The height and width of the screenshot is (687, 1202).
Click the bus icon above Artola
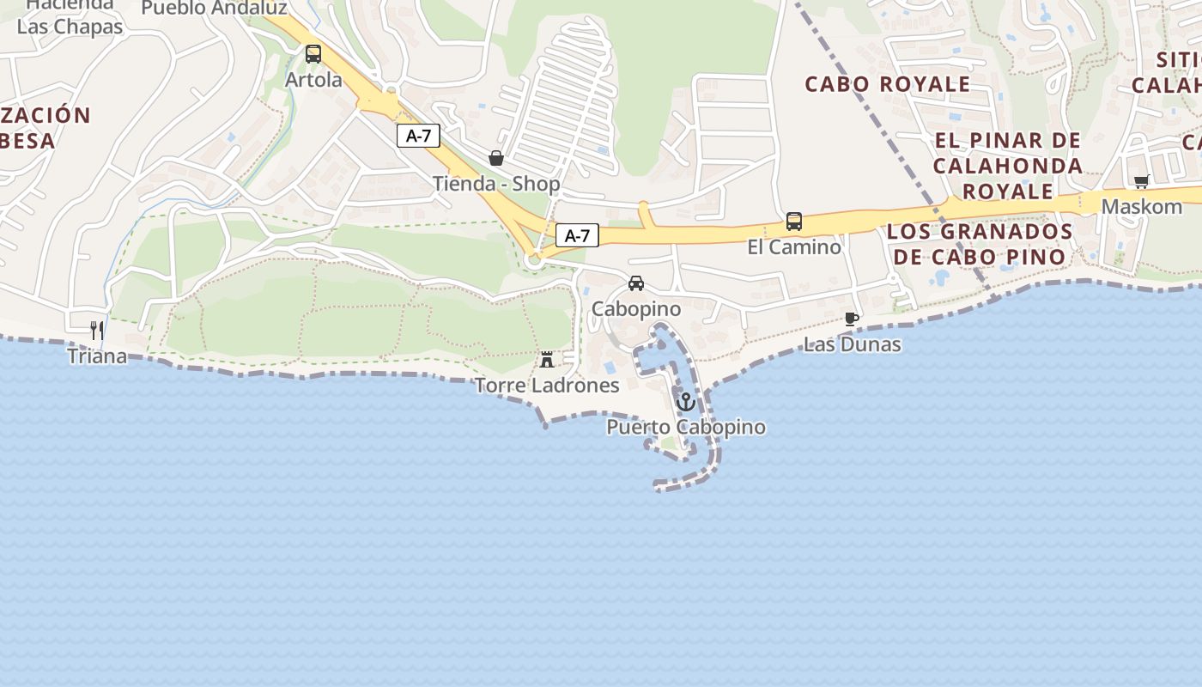(313, 54)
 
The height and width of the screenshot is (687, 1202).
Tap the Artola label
(313, 80)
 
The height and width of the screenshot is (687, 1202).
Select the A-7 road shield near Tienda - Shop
(418, 136)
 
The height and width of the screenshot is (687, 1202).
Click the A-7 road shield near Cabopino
(577, 235)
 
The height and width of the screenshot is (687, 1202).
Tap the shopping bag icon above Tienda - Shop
(495, 158)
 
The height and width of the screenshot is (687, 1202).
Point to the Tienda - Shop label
(496, 184)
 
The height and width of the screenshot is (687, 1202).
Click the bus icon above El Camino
(794, 222)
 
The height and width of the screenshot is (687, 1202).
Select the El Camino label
(794, 247)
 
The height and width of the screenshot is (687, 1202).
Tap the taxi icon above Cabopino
(636, 283)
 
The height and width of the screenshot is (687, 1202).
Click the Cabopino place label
(636, 309)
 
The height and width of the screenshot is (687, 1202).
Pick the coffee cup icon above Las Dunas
(852, 319)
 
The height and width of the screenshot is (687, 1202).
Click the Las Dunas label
(852, 344)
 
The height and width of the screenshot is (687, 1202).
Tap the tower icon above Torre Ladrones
(547, 360)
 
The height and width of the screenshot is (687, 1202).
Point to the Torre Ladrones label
(547, 386)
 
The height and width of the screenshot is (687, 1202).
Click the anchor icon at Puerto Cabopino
(686, 402)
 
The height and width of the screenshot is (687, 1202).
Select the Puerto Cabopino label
(686, 427)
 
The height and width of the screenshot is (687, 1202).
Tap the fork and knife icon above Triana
(97, 330)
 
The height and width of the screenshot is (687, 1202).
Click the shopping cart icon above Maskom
(1142, 181)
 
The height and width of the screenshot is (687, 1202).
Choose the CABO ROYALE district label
(888, 84)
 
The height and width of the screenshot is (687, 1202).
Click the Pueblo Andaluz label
(214, 8)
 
